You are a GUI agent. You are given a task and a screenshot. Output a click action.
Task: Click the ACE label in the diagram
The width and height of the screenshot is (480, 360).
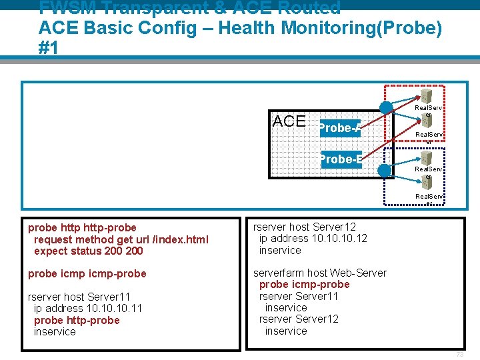pos(289,121)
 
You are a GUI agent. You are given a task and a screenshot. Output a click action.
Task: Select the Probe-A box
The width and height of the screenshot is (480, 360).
pos(340,128)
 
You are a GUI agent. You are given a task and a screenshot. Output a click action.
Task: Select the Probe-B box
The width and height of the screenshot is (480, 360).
pos(341,159)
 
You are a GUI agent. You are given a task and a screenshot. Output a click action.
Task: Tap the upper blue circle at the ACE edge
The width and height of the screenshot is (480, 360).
pos(386,108)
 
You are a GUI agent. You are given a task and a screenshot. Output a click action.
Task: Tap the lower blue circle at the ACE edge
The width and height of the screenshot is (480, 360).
pos(384,170)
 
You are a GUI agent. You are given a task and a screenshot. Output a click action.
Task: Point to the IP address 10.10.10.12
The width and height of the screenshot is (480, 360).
pos(339,239)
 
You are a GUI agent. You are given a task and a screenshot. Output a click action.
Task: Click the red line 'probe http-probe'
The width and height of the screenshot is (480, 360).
pos(77,320)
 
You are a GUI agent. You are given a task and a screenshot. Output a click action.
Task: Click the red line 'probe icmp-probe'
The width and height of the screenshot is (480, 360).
pos(304,285)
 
